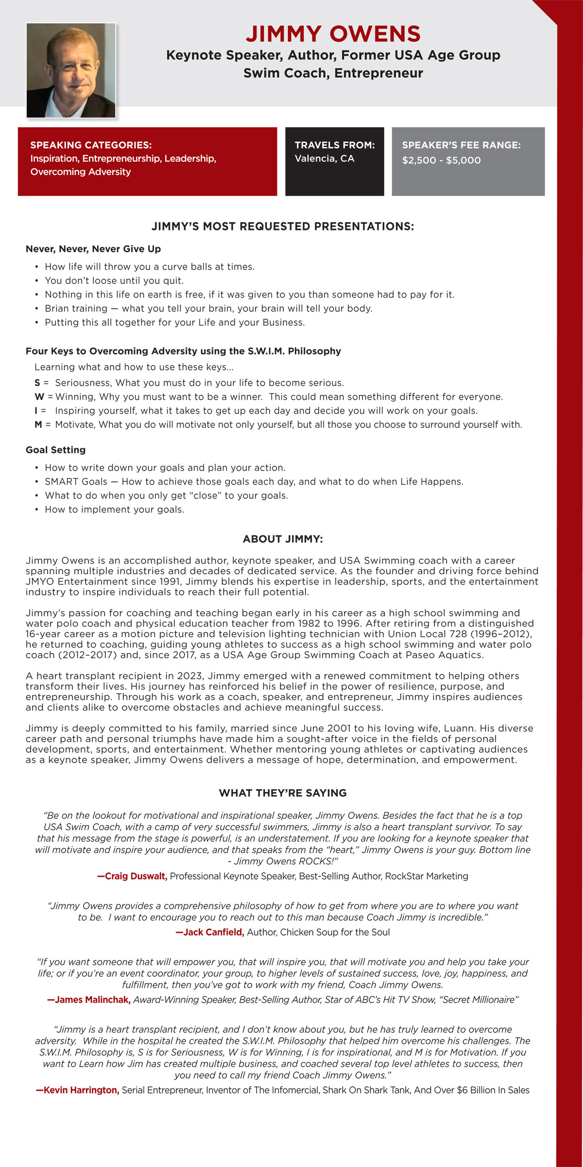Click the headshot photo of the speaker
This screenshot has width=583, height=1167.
[71, 70]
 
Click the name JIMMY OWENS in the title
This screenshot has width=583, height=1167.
[333, 34]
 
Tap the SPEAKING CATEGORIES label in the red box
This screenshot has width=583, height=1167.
[91, 145]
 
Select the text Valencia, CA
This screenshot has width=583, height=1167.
[324, 159]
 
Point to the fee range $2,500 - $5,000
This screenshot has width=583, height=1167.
[441, 160]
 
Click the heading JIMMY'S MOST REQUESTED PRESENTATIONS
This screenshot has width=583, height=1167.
[283, 227]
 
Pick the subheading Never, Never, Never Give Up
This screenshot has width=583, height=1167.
[93, 249]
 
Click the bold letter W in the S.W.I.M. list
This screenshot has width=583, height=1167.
[39, 397]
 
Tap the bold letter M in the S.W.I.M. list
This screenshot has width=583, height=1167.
[38, 424]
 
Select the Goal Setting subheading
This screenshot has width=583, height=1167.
[55, 450]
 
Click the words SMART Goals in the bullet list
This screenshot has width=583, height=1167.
[76, 481]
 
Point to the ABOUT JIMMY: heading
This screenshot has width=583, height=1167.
[283, 539]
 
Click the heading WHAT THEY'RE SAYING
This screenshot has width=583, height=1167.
[283, 793]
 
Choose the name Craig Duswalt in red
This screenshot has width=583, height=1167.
[135, 876]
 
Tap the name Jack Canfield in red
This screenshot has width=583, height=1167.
[212, 932]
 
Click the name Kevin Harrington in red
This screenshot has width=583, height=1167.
[80, 1090]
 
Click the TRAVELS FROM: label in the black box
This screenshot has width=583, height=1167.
[334, 145]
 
